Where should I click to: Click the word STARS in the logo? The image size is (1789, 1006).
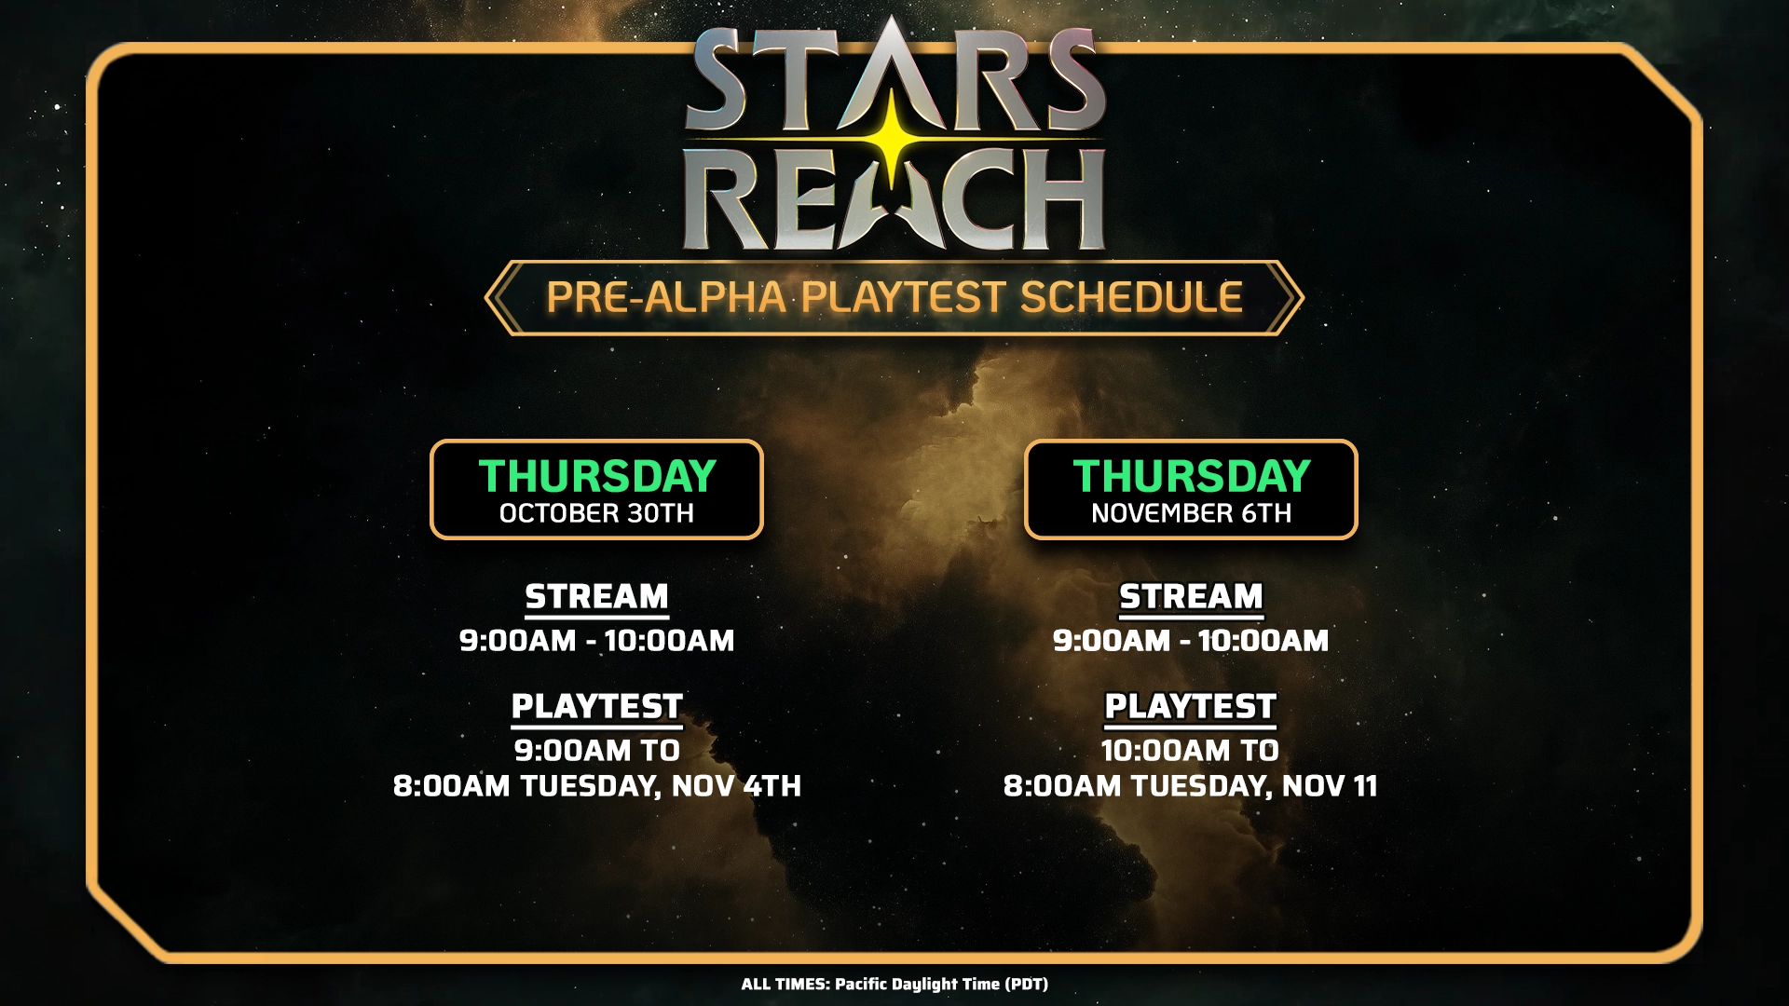pyautogui.click(x=894, y=79)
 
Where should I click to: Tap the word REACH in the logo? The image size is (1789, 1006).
pyautogui.click(x=894, y=200)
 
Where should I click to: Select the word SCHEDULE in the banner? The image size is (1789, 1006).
pyautogui.click(x=1131, y=297)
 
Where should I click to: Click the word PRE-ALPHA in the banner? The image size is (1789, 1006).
pyautogui.click(x=665, y=297)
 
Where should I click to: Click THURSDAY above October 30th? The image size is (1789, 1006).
pyautogui.click(x=596, y=476)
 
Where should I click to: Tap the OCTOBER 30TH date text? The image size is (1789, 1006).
pyautogui.click(x=596, y=513)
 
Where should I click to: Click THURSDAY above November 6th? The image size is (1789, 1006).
pyautogui.click(x=1191, y=476)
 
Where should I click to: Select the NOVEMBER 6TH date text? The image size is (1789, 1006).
pyautogui.click(x=1191, y=513)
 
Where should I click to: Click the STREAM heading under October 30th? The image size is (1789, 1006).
pyautogui.click(x=596, y=596)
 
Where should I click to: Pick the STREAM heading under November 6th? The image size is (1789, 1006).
pyautogui.click(x=1191, y=596)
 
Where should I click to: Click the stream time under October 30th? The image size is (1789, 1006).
pyautogui.click(x=596, y=641)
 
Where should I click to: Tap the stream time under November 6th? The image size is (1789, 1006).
pyautogui.click(x=1191, y=641)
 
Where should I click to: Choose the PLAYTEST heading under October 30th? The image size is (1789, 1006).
pyautogui.click(x=596, y=706)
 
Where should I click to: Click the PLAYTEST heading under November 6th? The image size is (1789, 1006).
pyautogui.click(x=1191, y=706)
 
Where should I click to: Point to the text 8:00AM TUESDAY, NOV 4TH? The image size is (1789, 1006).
pyautogui.click(x=596, y=786)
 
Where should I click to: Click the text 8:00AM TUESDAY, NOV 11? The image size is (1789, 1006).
pyautogui.click(x=1191, y=786)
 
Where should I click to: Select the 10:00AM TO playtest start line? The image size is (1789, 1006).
pyautogui.click(x=1191, y=751)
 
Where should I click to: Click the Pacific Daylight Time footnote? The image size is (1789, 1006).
pyautogui.click(x=894, y=984)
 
